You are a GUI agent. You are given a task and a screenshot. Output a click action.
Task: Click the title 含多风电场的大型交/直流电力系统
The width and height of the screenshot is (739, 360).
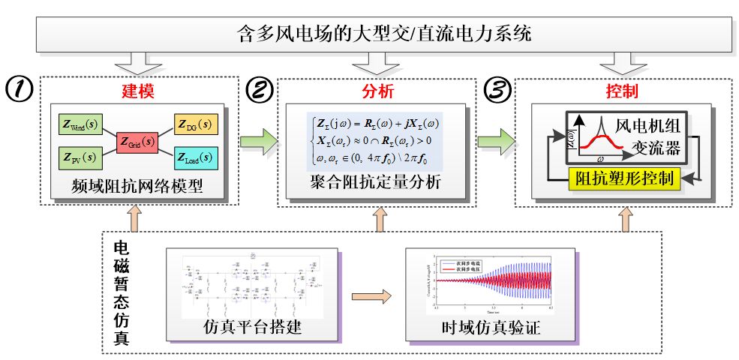tap(382, 34)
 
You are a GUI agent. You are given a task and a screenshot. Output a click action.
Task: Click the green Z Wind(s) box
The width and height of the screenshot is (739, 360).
tap(80, 124)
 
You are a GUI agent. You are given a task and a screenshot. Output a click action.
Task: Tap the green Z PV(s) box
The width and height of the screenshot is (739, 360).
tap(80, 157)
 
